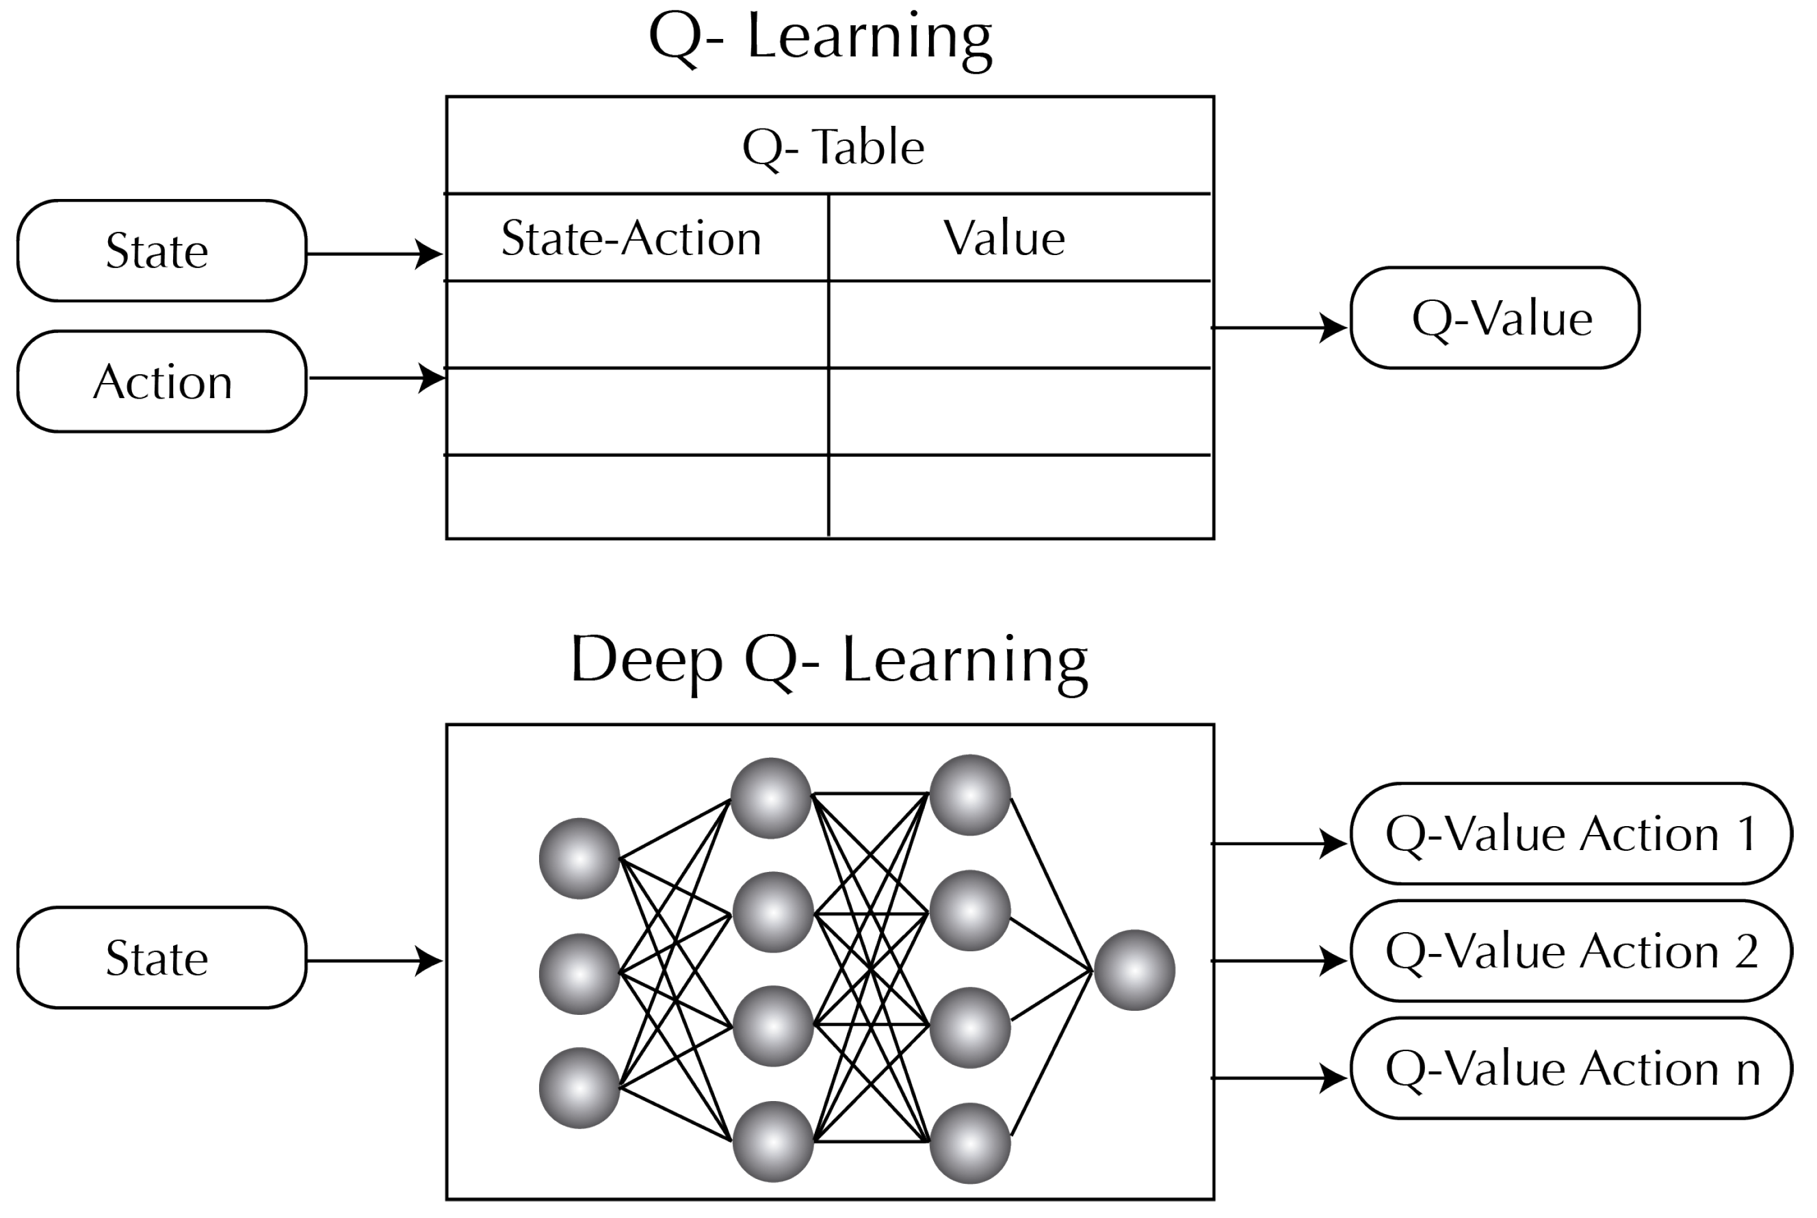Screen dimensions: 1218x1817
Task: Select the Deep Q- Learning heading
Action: (x=829, y=660)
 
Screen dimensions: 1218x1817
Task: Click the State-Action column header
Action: (x=631, y=238)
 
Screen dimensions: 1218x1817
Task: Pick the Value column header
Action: (x=1004, y=238)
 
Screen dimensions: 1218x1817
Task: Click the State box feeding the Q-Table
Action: (x=161, y=251)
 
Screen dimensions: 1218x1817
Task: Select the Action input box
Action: (x=161, y=382)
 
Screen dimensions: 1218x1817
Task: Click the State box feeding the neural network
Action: (x=161, y=957)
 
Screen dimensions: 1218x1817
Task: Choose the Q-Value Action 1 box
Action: (x=1571, y=834)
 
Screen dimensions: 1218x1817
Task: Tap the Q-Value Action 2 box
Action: (x=1571, y=951)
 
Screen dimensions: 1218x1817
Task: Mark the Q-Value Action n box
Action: (x=1571, y=1069)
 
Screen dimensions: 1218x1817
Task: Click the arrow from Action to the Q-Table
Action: (x=377, y=378)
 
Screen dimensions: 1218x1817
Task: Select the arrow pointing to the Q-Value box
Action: (x=1278, y=328)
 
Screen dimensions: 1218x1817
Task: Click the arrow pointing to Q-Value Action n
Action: (x=1278, y=1078)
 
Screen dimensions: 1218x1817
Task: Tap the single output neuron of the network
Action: (x=1134, y=970)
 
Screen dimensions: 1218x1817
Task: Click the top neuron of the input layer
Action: (x=579, y=858)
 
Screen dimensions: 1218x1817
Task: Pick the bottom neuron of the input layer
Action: (x=579, y=1087)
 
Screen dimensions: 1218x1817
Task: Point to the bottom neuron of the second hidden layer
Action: (x=970, y=1143)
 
